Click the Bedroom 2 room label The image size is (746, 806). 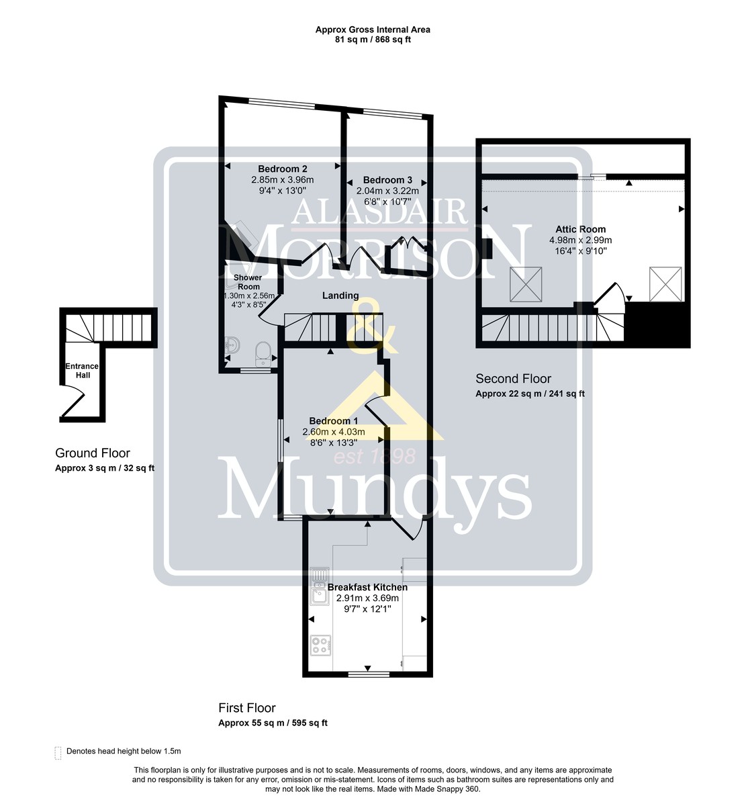[283, 169]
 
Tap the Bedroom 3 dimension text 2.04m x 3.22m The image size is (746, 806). [387, 191]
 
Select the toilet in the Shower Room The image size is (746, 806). [263, 353]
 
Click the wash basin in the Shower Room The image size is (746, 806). [232, 345]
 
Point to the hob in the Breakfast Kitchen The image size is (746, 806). [321, 645]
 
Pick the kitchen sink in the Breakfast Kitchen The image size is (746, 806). [320, 586]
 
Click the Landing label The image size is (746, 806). [340, 296]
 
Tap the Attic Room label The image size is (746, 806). [580, 229]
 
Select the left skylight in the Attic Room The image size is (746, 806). [526, 284]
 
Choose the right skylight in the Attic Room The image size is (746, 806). [665, 284]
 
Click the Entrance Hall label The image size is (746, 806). [82, 371]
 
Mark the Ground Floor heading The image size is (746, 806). [93, 453]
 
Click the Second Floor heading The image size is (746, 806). [513, 379]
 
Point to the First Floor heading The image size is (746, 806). [247, 708]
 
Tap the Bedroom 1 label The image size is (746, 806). [334, 421]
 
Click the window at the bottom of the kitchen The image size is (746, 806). [369, 674]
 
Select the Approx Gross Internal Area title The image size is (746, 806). [373, 30]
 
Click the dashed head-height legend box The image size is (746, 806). [58, 753]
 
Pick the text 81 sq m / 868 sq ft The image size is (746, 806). [373, 40]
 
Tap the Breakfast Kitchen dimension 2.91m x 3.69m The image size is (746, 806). [367, 598]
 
